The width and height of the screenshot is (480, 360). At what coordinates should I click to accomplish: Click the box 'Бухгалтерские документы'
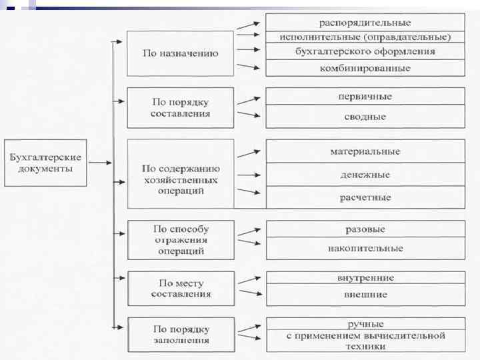45,163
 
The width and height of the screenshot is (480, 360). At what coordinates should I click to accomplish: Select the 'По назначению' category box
180,53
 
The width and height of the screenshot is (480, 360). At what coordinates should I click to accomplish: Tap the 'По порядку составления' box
180,107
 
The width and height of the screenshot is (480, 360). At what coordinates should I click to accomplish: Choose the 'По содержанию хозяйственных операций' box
180,174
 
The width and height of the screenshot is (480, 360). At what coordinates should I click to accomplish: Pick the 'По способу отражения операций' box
180,240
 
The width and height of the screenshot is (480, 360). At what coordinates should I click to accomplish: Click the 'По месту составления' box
180,288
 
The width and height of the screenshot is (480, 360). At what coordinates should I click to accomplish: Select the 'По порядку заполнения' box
180,335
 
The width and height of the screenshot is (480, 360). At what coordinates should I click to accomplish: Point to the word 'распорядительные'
365,23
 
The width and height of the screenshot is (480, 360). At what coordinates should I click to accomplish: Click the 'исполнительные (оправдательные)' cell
365,37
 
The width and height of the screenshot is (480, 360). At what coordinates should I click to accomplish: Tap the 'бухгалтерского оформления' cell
365,51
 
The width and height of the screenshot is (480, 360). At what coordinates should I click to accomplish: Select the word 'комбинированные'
365,68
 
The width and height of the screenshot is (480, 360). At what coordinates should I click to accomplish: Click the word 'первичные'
365,97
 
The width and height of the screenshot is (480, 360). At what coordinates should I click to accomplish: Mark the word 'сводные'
365,117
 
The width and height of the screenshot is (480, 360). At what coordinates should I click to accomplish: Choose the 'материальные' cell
365,151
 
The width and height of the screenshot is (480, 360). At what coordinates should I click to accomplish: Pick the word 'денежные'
365,175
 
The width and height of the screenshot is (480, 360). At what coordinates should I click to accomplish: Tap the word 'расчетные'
365,197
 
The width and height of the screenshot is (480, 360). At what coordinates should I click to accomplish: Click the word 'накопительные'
365,249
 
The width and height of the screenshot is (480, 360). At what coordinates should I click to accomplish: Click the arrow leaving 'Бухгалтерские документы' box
100,162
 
